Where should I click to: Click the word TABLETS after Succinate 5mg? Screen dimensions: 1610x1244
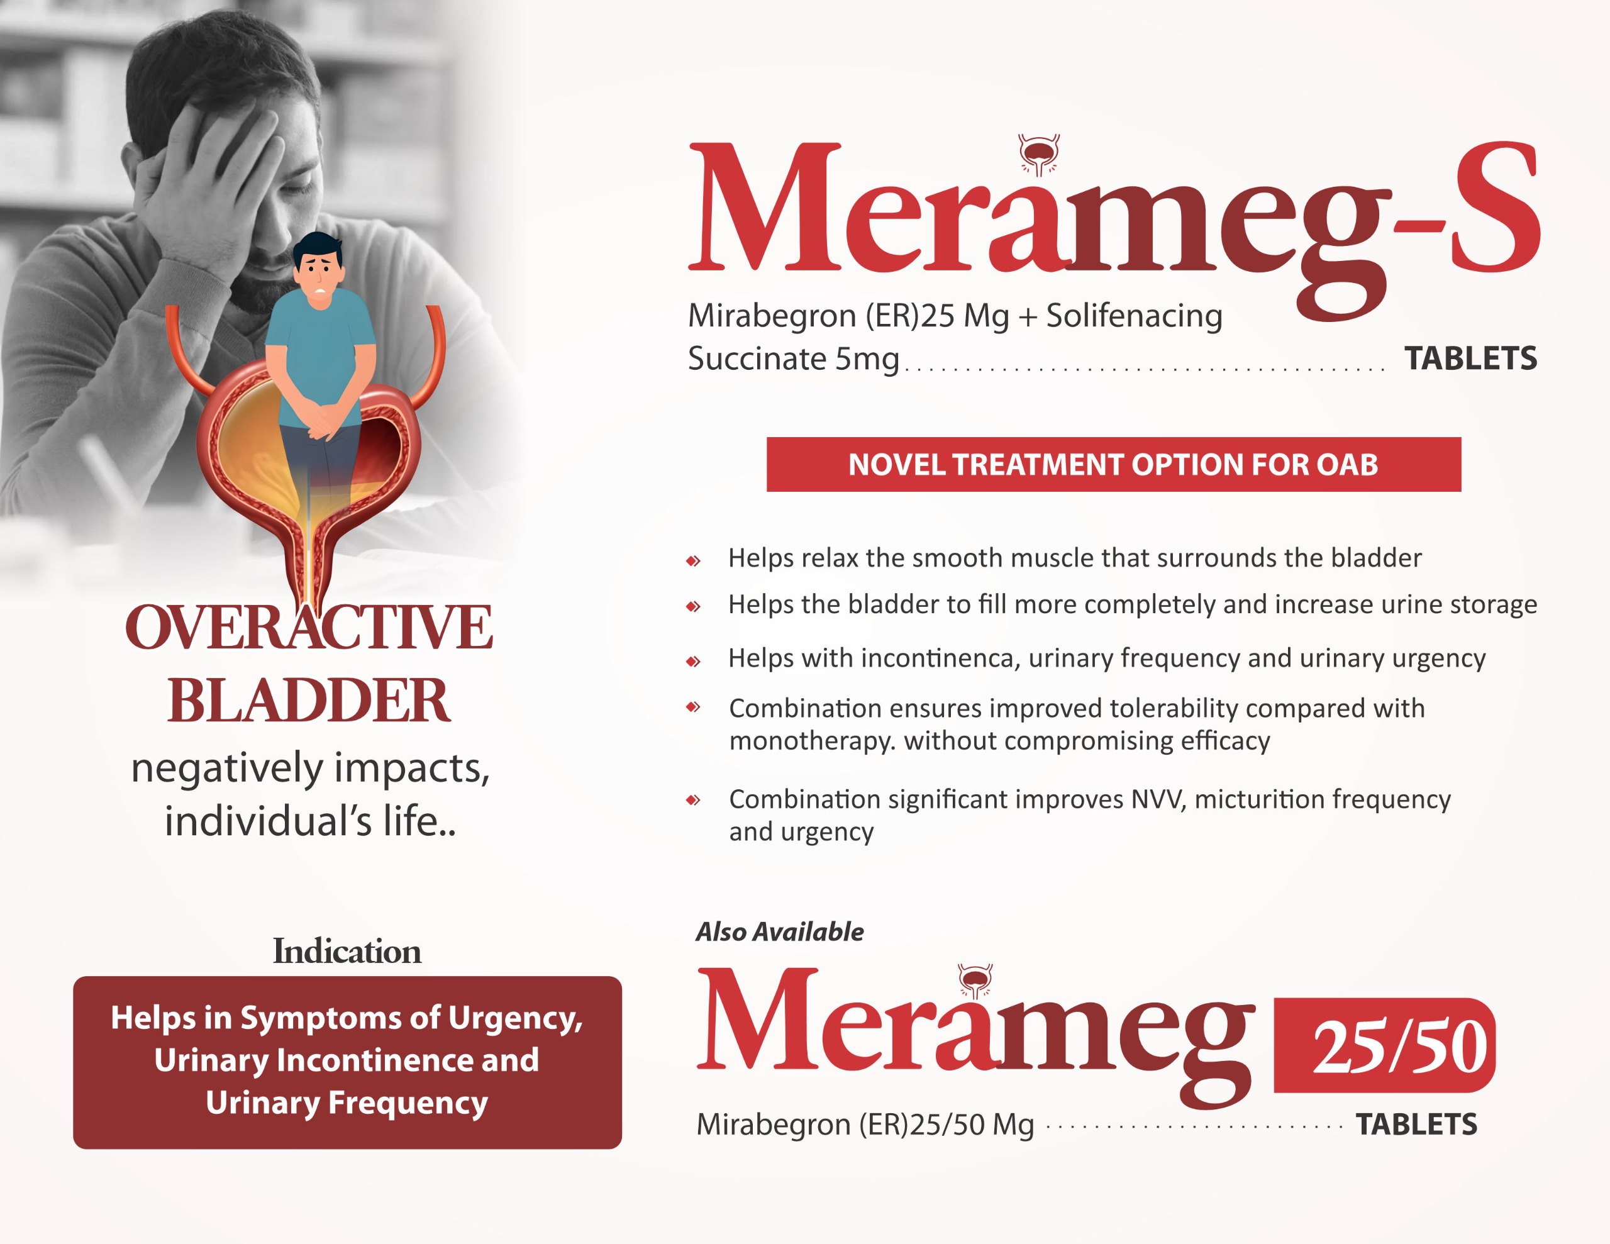coord(1470,358)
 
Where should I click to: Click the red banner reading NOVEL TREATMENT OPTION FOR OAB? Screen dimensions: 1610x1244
coord(1114,465)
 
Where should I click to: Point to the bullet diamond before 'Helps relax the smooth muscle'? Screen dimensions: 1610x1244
coord(693,560)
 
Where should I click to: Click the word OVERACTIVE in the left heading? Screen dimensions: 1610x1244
coord(309,627)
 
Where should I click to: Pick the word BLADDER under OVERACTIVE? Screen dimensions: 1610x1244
coord(309,700)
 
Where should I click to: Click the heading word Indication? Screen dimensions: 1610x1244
coord(347,952)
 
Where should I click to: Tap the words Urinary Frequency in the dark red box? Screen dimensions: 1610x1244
coord(347,1103)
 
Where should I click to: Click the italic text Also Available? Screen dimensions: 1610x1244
coord(780,932)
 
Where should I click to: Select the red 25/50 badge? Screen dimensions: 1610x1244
coord(1384,1045)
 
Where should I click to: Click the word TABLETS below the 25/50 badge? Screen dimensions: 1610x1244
coord(1417,1125)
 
